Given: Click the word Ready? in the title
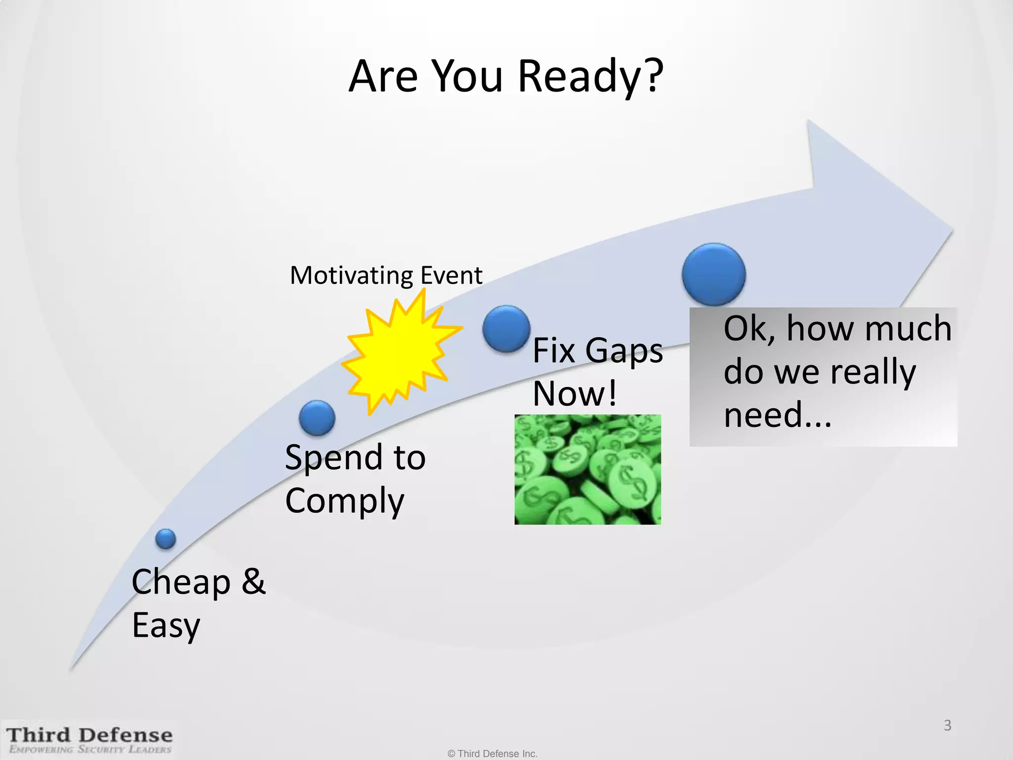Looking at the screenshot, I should (x=591, y=77).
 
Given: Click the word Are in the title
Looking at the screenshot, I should (x=383, y=77).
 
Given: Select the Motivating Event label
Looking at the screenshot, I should (x=386, y=275).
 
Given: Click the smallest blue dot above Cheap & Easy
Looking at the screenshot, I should (x=166, y=539).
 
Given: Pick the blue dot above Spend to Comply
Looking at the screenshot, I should (x=317, y=418).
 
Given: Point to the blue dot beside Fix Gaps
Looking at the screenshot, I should (x=506, y=329).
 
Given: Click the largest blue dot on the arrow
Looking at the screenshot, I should (x=714, y=274).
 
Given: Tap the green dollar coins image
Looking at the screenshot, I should (x=588, y=470).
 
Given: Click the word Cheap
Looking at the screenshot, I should (x=181, y=582).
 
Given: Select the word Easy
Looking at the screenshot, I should (x=166, y=625).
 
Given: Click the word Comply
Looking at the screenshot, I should (x=345, y=501).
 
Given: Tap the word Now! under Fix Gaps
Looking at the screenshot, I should (x=575, y=394).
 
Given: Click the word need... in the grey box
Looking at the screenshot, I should (x=777, y=415).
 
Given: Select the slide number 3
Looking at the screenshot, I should (x=947, y=725).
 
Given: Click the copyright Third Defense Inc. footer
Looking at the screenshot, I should (x=492, y=754).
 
